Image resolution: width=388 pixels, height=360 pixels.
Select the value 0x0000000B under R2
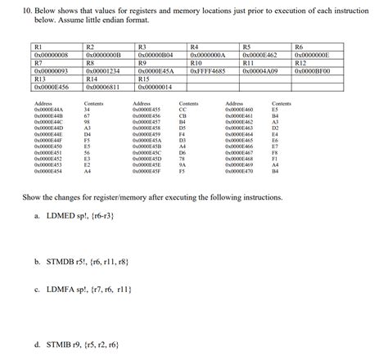pyautogui.click(x=103, y=56)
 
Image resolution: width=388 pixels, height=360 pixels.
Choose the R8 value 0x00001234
pyautogui.click(x=103, y=71)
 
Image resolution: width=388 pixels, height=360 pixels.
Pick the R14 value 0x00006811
pyautogui.click(x=103, y=86)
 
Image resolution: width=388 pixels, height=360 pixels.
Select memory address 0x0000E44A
pyautogui.click(x=48, y=110)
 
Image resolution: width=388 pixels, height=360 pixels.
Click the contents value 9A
pyautogui.click(x=182, y=165)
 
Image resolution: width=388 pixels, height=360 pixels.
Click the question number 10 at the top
pyautogui.click(x=27, y=10)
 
